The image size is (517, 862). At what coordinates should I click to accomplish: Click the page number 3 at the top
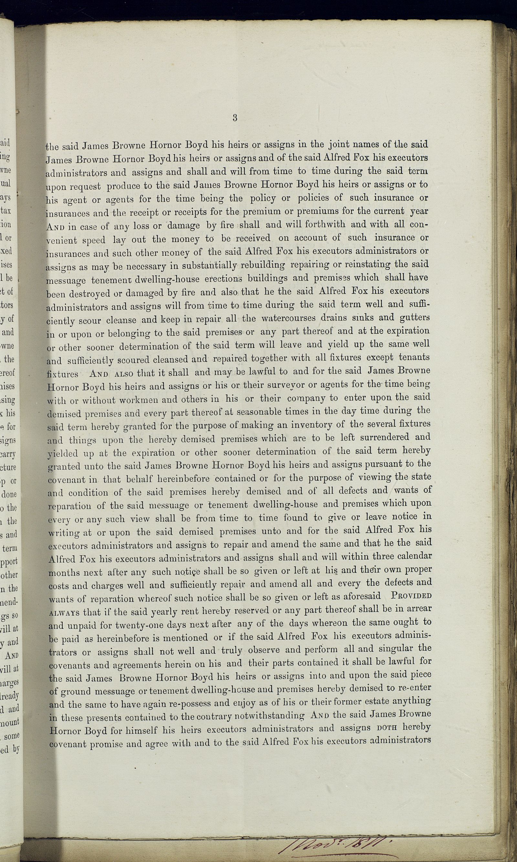pos(235,118)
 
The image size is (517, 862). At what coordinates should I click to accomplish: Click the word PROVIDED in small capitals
pos(411,700)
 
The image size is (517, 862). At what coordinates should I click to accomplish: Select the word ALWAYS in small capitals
pos(64,717)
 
